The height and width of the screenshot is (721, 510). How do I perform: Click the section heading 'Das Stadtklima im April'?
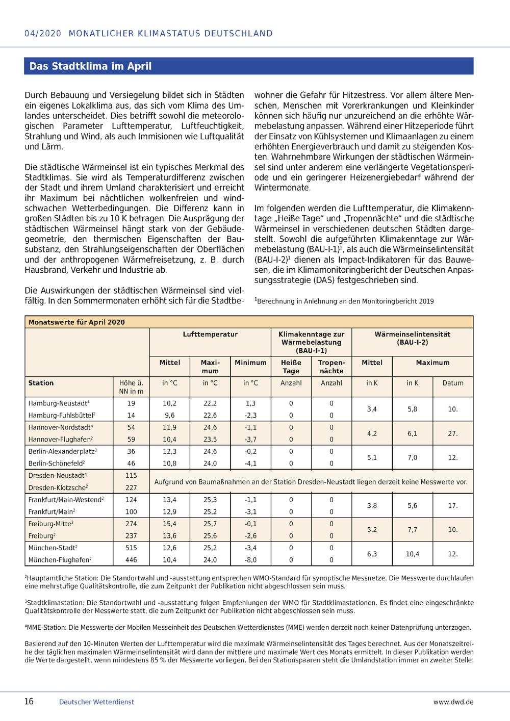(x=90, y=66)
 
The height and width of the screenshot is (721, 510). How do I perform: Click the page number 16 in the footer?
(x=29, y=701)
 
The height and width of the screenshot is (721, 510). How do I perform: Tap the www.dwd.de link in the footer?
(x=453, y=702)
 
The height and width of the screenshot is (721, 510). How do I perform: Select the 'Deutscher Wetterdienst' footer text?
(x=96, y=702)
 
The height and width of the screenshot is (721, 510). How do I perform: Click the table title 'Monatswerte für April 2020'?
(x=76, y=322)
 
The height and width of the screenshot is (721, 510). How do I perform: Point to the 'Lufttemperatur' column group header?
(x=210, y=334)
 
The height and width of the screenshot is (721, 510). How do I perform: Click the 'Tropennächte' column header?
(x=331, y=367)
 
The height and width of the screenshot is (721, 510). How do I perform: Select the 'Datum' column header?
(x=453, y=383)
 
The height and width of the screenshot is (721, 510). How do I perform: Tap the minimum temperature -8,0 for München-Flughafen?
(x=250, y=559)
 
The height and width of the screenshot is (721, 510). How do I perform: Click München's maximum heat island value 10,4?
(x=412, y=554)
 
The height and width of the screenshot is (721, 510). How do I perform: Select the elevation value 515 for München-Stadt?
(x=131, y=548)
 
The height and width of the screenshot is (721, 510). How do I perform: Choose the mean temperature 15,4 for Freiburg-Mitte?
(x=169, y=524)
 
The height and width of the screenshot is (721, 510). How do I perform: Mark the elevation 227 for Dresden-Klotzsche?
(x=131, y=487)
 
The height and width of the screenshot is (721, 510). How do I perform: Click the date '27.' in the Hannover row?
(x=453, y=433)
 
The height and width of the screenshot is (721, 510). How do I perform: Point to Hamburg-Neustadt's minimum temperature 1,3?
(x=250, y=403)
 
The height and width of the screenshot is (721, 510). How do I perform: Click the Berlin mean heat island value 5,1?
(x=372, y=457)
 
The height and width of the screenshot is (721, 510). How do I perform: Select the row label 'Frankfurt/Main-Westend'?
(x=66, y=500)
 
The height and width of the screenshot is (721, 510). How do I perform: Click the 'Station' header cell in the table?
(x=41, y=383)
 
